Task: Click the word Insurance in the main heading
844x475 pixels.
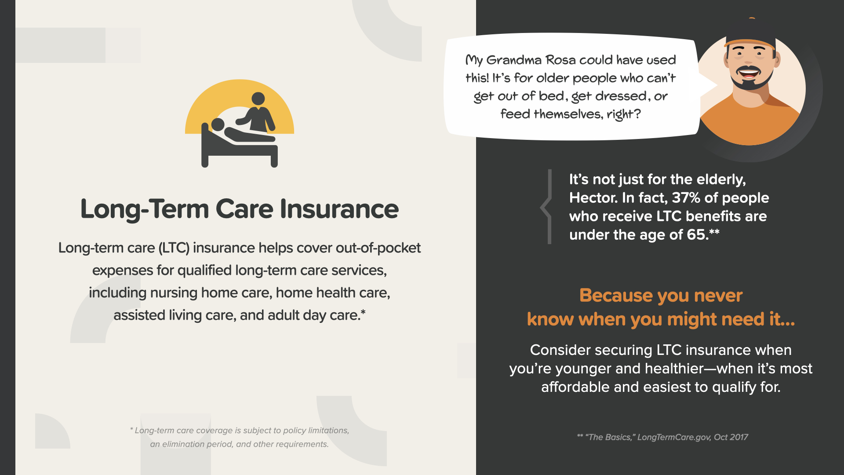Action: pyautogui.click(x=339, y=209)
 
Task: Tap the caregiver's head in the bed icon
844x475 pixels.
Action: pyautogui.click(x=258, y=99)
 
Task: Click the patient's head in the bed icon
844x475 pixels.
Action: pyautogui.click(x=218, y=124)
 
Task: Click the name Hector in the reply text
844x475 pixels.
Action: pyautogui.click(x=593, y=198)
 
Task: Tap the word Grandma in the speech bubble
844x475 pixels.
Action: pyautogui.click(x=514, y=60)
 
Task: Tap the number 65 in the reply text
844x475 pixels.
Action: pyautogui.click(x=697, y=235)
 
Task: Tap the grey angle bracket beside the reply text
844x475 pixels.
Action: pyautogui.click(x=546, y=207)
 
